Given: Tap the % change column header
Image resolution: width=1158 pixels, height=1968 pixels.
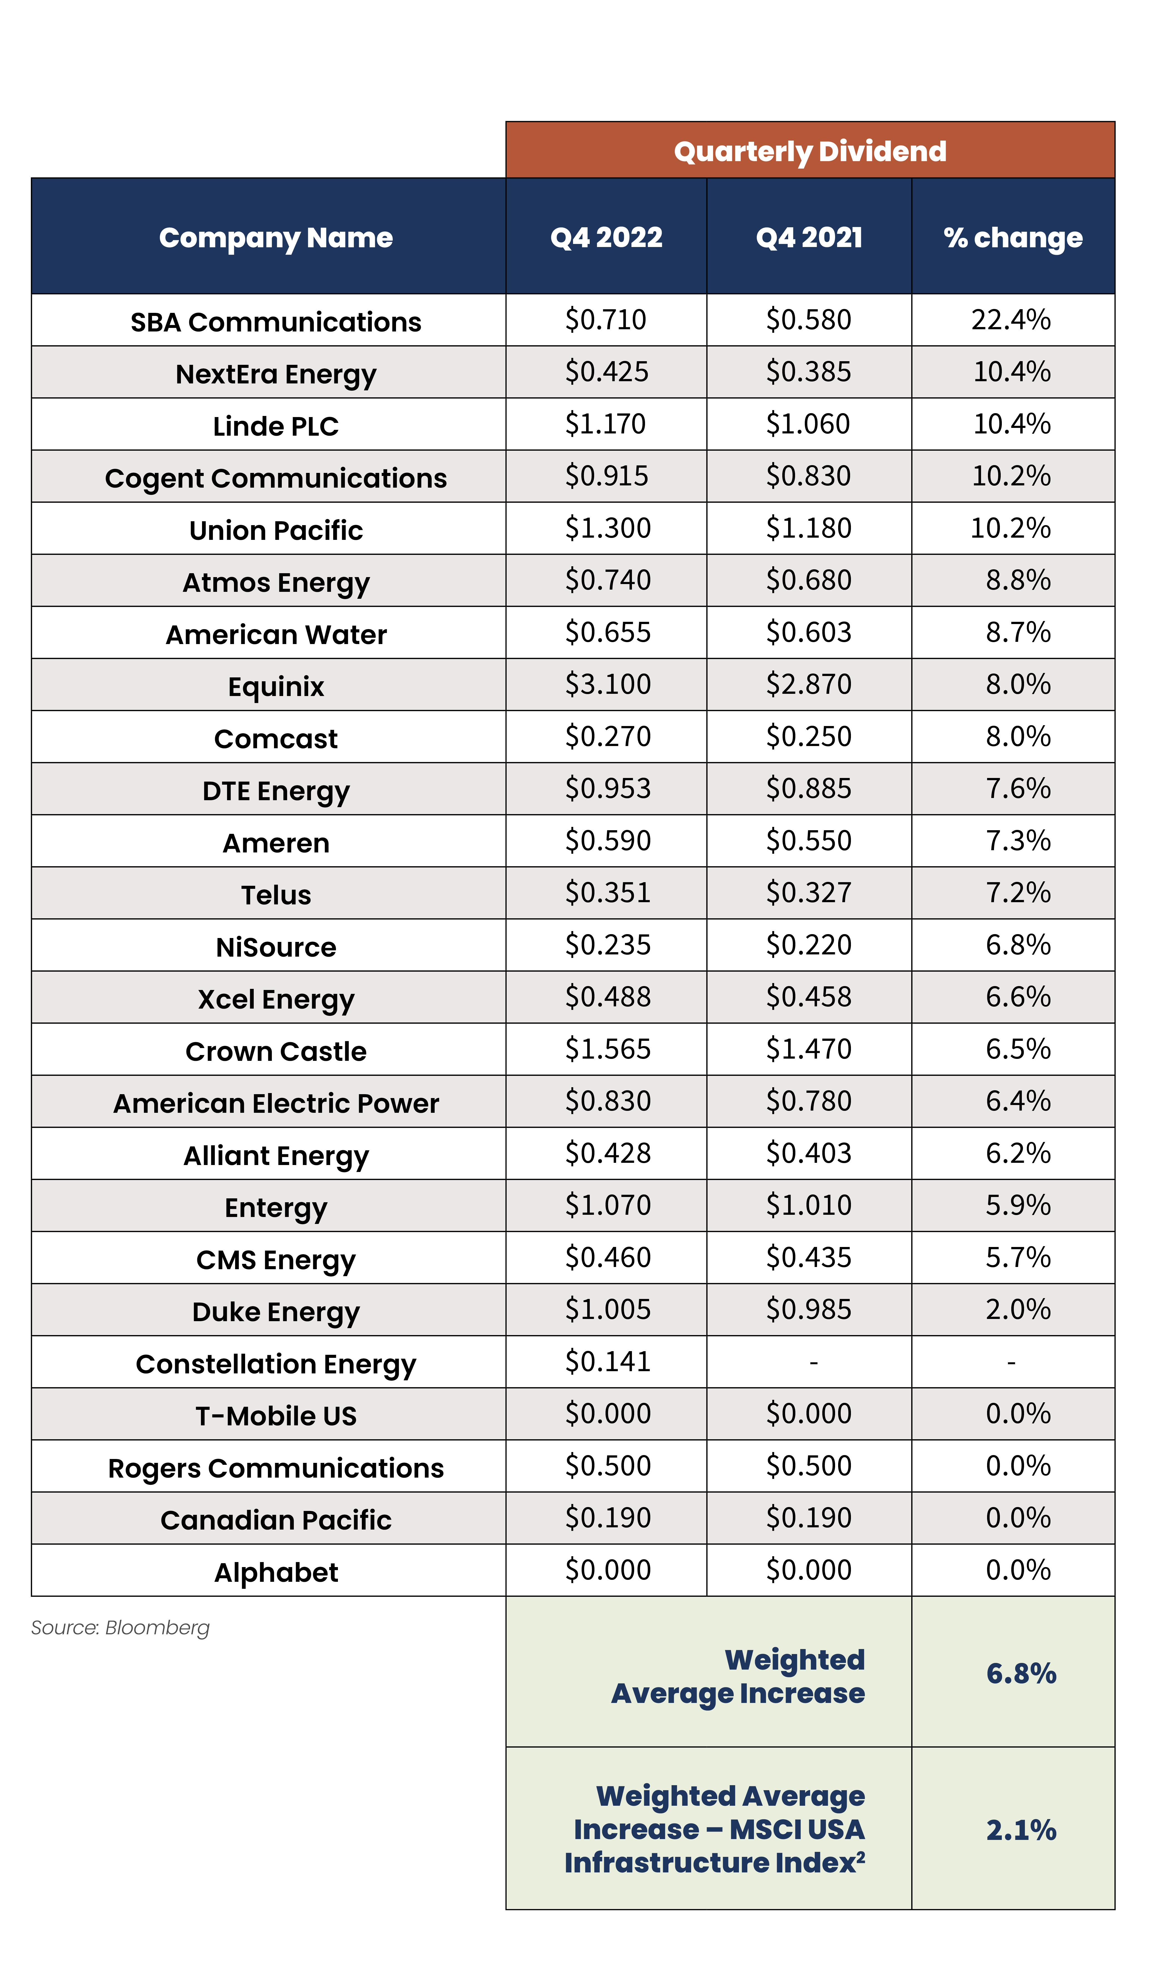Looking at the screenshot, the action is click(x=1013, y=237).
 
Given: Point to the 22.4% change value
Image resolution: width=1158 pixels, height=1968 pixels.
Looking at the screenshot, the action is click(x=1011, y=320).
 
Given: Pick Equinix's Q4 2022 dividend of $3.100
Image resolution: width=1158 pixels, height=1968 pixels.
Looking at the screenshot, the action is click(x=607, y=684).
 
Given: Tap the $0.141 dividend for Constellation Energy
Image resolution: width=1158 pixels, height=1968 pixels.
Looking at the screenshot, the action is click(x=607, y=1361).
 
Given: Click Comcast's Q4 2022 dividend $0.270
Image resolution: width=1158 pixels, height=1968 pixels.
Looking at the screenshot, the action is click(x=607, y=737).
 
